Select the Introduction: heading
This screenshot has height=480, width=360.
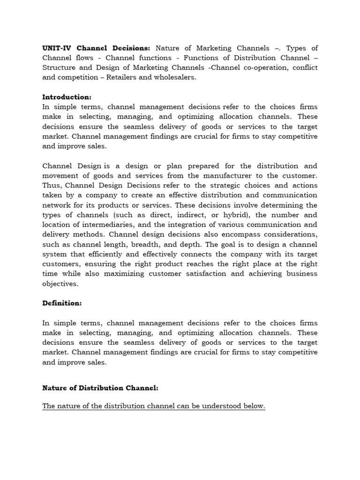pyautogui.click(x=67, y=97)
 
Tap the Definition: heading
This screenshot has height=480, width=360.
pyautogui.click(x=62, y=303)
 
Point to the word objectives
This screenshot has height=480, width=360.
pyautogui.click(x=60, y=284)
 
